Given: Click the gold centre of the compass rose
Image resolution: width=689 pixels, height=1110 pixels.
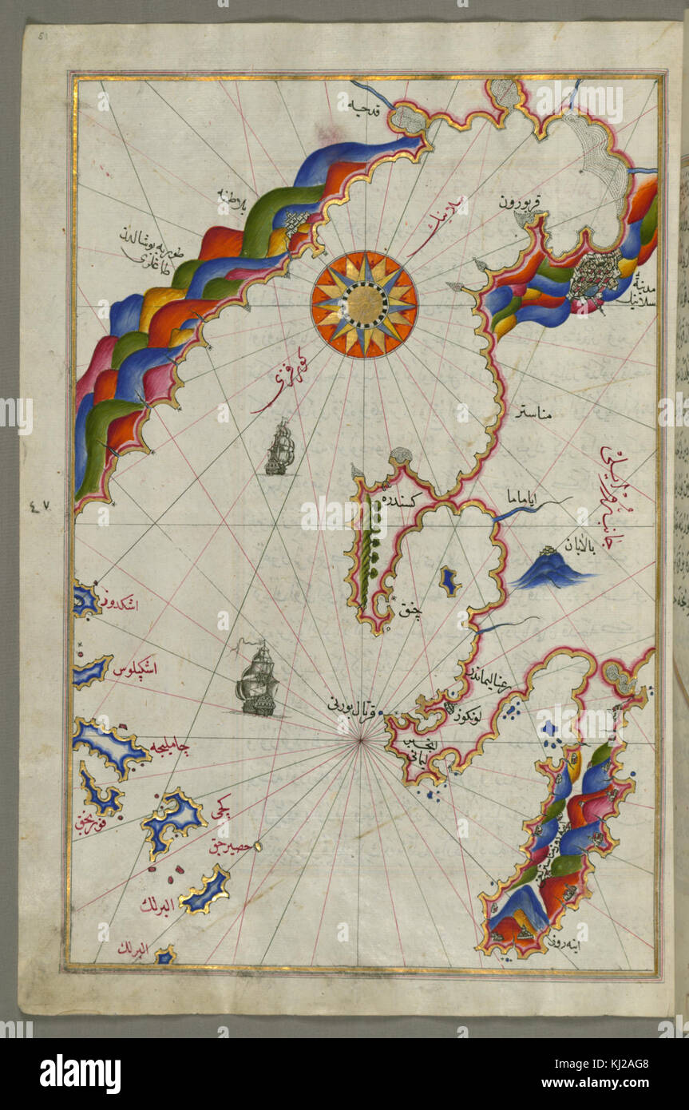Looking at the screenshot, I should [x=364, y=303].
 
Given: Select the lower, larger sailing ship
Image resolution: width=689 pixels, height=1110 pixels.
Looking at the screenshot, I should [x=257, y=680].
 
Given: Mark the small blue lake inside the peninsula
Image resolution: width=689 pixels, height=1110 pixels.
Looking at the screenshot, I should [x=449, y=581].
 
